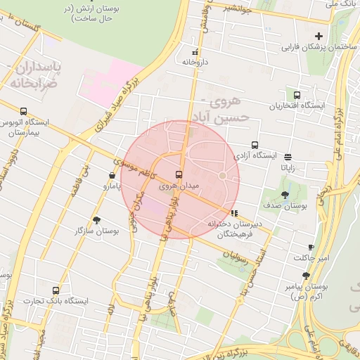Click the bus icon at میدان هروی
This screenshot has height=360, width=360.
click(x=178, y=174)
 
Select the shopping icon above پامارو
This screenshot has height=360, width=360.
click(x=112, y=175)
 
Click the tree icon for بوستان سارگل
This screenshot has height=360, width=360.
click(x=96, y=219)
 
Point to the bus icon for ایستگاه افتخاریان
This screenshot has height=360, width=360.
click(x=297, y=95)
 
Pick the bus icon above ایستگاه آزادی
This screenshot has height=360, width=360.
click(x=255, y=145)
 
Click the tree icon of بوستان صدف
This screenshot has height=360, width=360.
click(x=285, y=195)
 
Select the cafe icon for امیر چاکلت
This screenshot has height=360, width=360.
click(x=311, y=247)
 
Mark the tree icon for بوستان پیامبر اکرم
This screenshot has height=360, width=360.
click(x=306, y=276)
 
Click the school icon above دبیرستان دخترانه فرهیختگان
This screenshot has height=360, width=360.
click(x=234, y=212)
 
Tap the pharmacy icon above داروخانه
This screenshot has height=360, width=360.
click(x=195, y=52)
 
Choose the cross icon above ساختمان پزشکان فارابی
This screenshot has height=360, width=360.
click(x=319, y=36)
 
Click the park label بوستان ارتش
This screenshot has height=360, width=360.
click(x=94, y=13)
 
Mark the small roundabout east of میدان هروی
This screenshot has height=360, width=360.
click(x=223, y=175)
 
